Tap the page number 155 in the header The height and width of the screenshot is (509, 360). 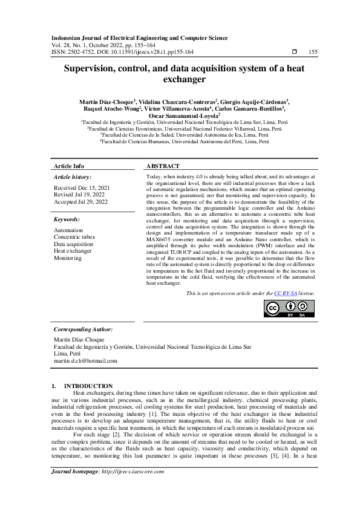(x=313, y=52)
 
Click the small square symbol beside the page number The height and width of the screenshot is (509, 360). (x=294, y=52)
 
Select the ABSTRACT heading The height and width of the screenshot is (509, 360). (x=163, y=166)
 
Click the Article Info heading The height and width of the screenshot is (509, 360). (x=69, y=166)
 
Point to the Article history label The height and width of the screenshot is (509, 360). (x=73, y=177)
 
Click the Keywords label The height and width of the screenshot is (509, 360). (x=67, y=219)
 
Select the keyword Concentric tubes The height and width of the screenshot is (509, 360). (x=74, y=237)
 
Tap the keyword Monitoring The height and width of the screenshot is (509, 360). (x=67, y=258)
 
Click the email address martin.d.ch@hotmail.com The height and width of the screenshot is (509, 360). (x=85, y=360)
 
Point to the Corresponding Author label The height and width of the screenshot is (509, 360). (x=83, y=329)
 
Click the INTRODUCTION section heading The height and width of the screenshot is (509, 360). (x=88, y=386)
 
